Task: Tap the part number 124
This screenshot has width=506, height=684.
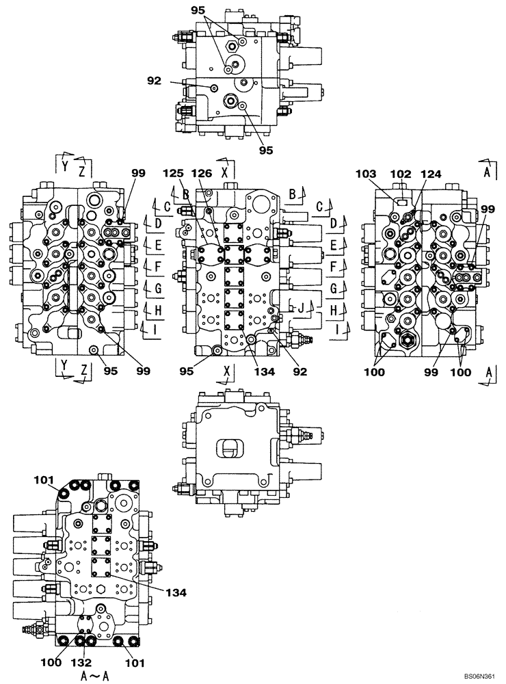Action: (431, 174)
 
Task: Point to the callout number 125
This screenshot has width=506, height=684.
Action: (172, 174)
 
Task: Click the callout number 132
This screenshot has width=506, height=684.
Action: (84, 663)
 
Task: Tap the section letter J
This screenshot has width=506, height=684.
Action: (299, 307)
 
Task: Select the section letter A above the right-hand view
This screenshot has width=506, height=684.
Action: (487, 173)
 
